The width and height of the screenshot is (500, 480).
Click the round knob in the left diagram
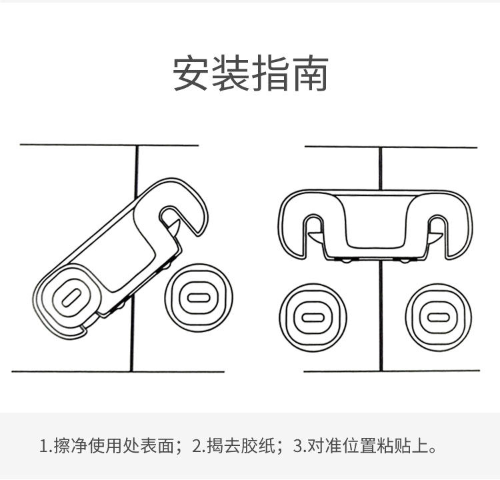pos(197,297)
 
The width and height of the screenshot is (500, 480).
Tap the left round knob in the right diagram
pos(311,317)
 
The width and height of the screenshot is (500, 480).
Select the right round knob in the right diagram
pos(438,317)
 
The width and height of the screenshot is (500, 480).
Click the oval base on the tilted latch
pos(71,299)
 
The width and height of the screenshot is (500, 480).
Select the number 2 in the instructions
pos(197,445)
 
